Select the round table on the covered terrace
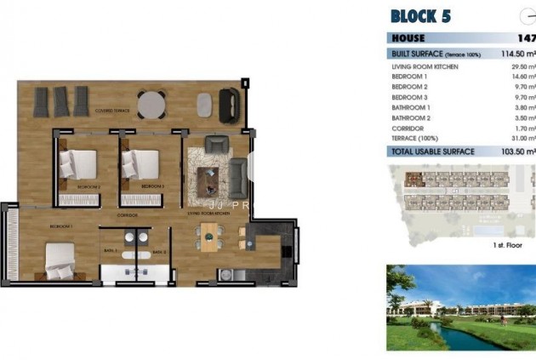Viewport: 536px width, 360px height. [151, 104]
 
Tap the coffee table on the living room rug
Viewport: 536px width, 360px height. [208, 179]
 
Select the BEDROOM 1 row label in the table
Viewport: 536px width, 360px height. [410, 76]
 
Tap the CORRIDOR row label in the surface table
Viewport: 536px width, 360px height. [408, 128]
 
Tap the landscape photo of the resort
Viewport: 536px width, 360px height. [460, 307]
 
